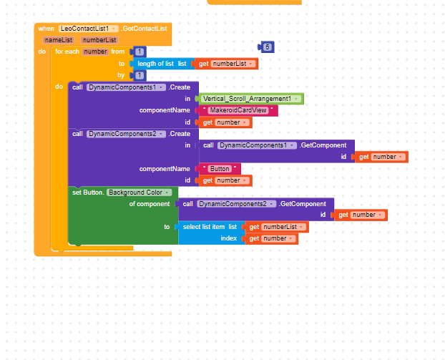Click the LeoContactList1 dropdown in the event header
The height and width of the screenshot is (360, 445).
click(89, 29)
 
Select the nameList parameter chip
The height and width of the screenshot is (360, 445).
click(59, 40)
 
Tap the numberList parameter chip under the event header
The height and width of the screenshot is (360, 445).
click(99, 40)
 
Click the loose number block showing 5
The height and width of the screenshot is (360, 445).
click(266, 47)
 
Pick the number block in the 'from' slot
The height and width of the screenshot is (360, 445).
click(139, 52)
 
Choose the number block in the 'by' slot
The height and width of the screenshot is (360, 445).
click(139, 75)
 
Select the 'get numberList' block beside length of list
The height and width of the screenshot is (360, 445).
click(227, 64)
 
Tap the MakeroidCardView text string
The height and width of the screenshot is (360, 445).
click(238, 110)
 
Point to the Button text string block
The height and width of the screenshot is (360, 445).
click(219, 169)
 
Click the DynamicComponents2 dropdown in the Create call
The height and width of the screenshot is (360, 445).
click(126, 134)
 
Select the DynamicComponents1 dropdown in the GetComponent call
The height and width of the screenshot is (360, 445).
click(257, 145)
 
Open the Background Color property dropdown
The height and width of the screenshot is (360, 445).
click(140, 193)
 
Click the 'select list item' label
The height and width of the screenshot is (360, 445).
click(204, 227)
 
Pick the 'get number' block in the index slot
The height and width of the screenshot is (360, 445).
click(272, 238)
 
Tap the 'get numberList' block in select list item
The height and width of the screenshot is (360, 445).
click(277, 227)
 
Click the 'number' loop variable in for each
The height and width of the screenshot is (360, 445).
click(95, 52)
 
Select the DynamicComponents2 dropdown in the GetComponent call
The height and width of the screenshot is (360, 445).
click(236, 204)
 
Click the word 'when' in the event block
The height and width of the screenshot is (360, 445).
click(46, 29)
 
